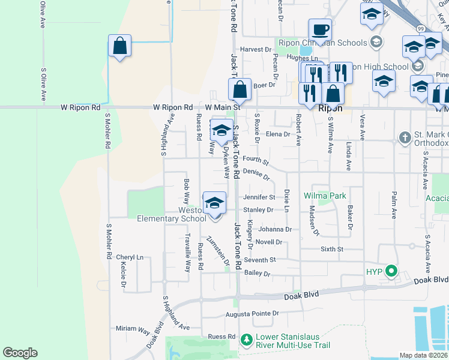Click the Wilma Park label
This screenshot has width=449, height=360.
pyautogui.click(x=325, y=196)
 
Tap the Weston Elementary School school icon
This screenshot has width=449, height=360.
pyautogui.click(x=214, y=203)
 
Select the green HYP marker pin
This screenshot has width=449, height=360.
pyautogui.click(x=392, y=271)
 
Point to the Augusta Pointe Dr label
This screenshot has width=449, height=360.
pyautogui.click(x=252, y=313)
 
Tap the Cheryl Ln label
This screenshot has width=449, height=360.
pyautogui.click(x=130, y=257)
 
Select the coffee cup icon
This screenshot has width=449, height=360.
pyautogui.click(x=320, y=29)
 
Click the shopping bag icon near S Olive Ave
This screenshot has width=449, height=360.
pyautogui.click(x=119, y=46)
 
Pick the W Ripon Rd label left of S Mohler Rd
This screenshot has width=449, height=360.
pyautogui.click(x=80, y=107)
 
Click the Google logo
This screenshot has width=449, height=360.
pyautogui.click(x=20, y=353)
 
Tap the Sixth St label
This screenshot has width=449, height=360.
pyautogui.click(x=331, y=248)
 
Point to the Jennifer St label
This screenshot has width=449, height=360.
pyautogui.click(x=259, y=197)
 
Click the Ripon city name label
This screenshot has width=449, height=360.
pyautogui.click(x=330, y=109)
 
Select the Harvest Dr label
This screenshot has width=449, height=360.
pyautogui.click(x=256, y=49)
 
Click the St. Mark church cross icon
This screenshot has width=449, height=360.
pyautogui.click(x=405, y=138)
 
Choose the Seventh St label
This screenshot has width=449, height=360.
pyautogui.click(x=259, y=260)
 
